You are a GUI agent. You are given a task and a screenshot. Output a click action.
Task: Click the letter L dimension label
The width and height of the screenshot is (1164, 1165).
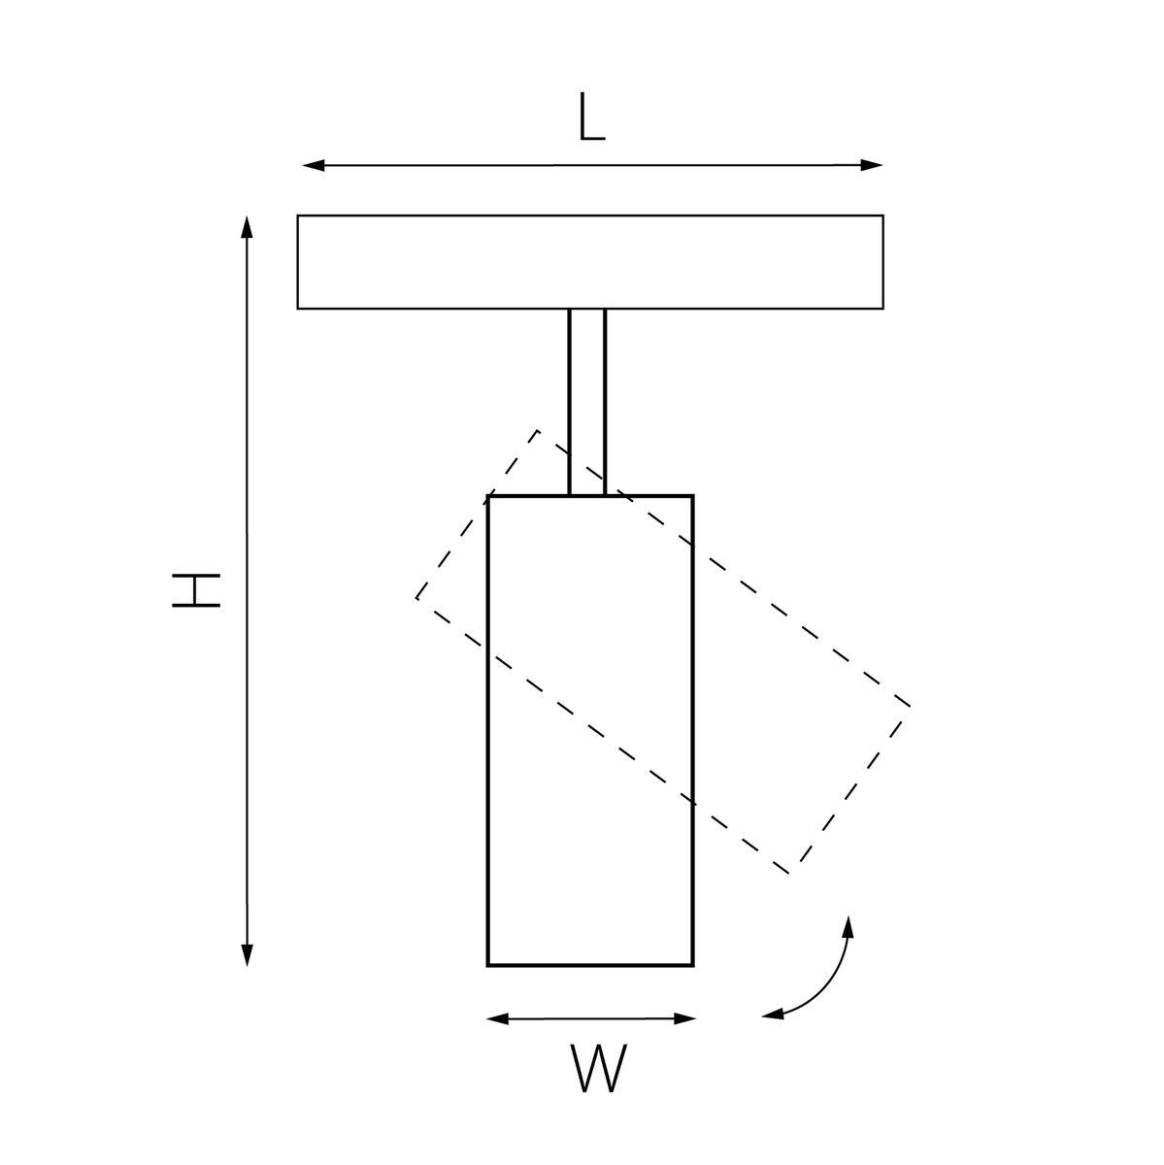click(x=591, y=117)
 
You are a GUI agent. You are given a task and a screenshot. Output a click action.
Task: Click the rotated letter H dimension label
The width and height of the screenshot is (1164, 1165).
click(x=196, y=590)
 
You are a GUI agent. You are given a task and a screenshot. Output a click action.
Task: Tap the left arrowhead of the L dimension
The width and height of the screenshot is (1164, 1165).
click(x=314, y=165)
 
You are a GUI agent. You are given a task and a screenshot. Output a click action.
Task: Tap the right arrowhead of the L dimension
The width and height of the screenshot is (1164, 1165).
click(x=872, y=165)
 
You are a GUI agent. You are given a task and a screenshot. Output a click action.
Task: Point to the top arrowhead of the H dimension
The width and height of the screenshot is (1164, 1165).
click(x=247, y=227)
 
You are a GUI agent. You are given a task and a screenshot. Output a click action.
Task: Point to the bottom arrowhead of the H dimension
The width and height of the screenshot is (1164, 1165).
click(x=247, y=954)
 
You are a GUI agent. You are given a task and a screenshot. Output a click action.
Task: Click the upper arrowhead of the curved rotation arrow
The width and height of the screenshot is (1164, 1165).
click(x=848, y=927)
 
